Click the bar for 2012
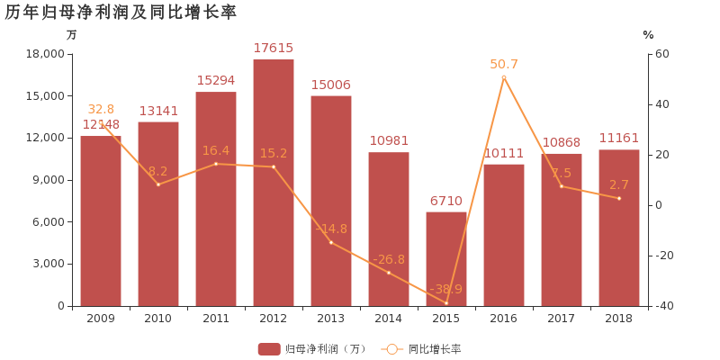pos(274,183)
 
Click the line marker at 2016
pos(504,76)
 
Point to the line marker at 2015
pos(446,303)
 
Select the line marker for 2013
pos(331,242)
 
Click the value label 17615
pos(274,49)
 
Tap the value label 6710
pos(446,201)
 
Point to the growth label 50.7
pos(504,64)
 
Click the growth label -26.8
pos(389,259)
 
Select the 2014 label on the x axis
pos(389,319)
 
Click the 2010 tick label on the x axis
pos(158,319)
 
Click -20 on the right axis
pos(662,256)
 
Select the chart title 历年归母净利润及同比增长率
pos(121,12)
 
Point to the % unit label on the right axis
pos(648,35)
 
